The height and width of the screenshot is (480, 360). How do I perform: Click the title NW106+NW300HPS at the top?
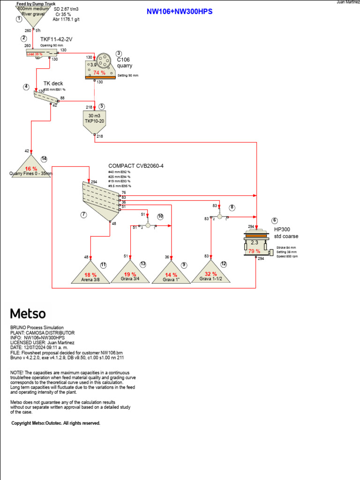[x=180, y=11]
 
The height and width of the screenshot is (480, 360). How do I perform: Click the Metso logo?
[x=28, y=313]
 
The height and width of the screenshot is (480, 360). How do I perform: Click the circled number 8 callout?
[x=232, y=207]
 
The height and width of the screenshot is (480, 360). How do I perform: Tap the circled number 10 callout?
[x=160, y=216]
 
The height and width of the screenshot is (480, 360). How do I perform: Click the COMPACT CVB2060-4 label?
[x=136, y=165]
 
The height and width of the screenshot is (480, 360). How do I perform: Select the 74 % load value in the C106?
[x=99, y=73]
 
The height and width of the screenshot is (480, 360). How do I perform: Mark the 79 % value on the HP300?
[x=254, y=251]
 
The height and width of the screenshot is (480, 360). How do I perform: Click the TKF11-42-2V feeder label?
[x=57, y=40]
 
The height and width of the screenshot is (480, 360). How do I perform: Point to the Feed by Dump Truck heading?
[x=36, y=3]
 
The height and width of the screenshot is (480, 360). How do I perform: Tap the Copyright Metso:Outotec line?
[x=56, y=423]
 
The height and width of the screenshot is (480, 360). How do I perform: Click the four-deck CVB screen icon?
[x=101, y=199]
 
